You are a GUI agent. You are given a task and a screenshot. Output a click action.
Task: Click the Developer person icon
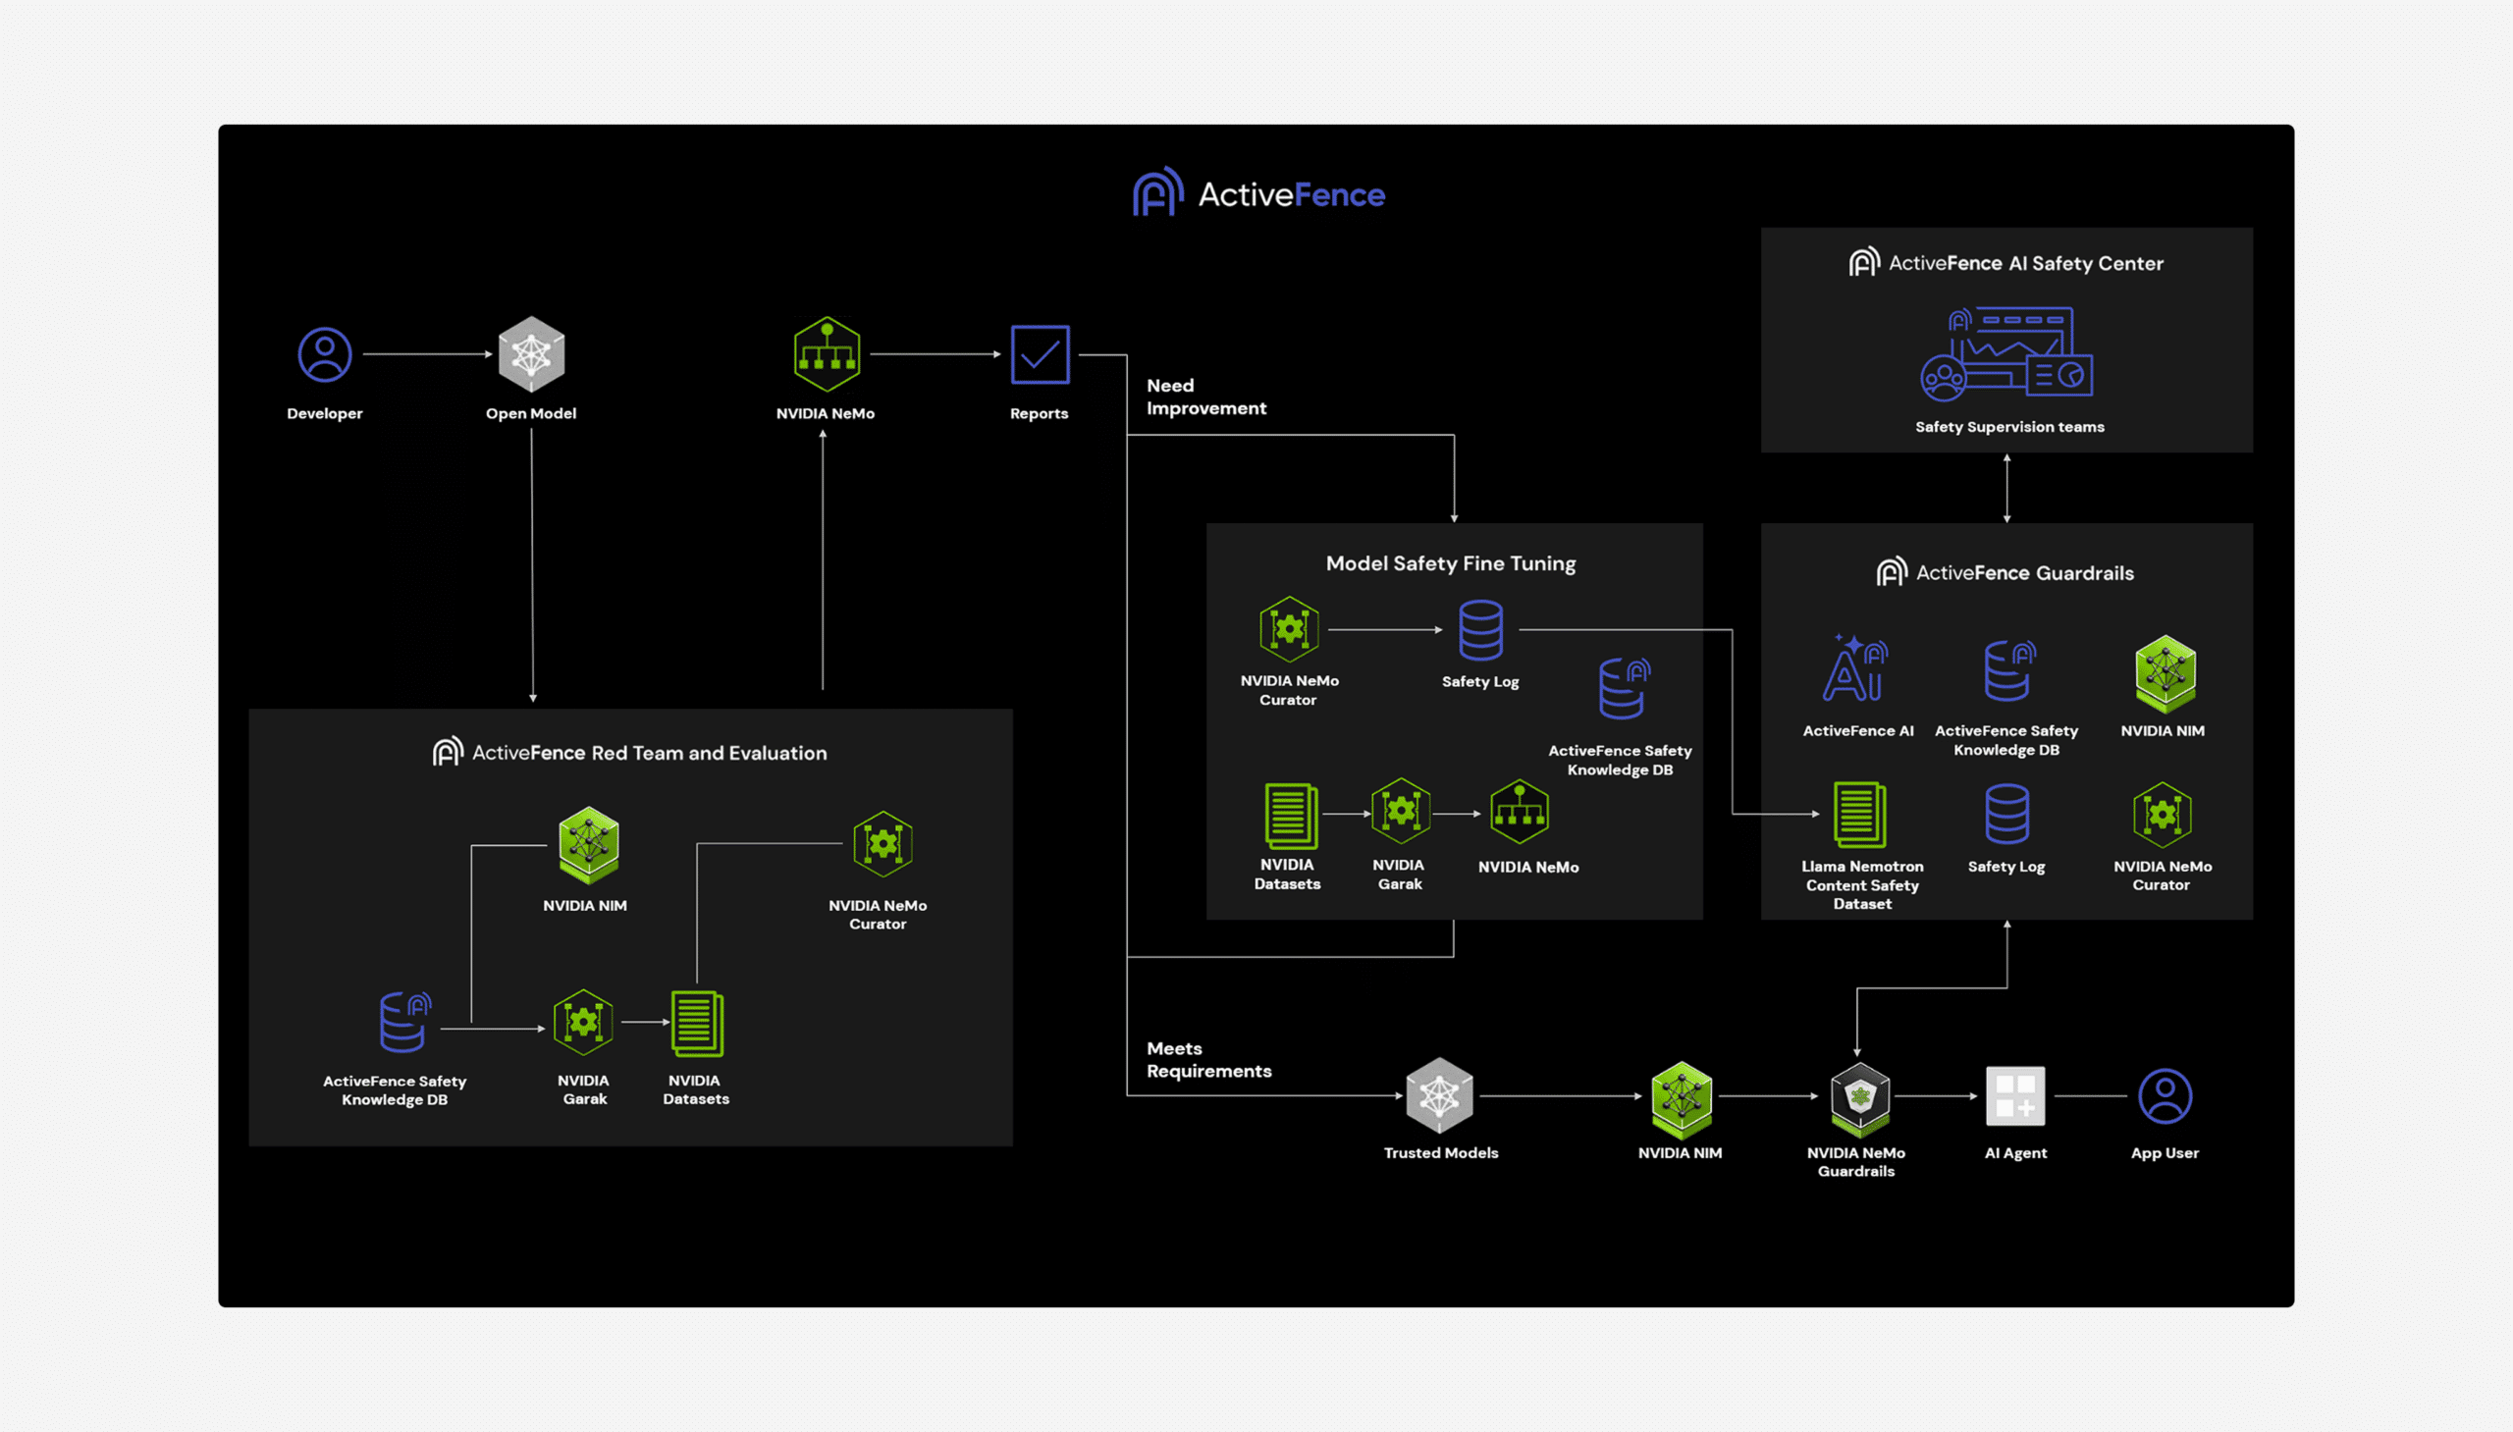325,354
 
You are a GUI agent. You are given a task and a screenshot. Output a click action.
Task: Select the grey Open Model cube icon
531,354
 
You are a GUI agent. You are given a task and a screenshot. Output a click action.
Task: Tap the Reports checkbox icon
1040,354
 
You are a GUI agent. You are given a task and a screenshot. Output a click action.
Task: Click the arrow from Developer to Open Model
428,354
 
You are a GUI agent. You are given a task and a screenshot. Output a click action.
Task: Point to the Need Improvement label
1205,397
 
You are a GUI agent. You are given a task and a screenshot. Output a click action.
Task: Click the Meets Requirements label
1207,1059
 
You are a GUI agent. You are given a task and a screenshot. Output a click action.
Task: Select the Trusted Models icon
1440,1095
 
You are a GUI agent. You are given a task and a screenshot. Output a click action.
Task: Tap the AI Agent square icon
2015,1095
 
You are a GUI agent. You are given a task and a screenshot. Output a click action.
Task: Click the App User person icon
2165,1095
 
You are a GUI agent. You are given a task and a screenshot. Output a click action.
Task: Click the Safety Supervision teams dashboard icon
2006,354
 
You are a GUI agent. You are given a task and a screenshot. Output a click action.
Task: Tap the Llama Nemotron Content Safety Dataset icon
1859,815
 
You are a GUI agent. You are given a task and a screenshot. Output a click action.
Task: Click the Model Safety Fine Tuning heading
1451,563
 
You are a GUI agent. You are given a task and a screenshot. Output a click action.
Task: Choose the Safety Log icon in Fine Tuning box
1480,629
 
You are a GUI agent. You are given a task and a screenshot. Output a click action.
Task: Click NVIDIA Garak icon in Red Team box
583,1023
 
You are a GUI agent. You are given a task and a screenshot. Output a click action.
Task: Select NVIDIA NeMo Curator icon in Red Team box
882,844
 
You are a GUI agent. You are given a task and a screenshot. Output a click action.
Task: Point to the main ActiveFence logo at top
1259,192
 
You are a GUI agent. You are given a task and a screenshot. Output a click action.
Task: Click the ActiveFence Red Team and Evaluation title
629,753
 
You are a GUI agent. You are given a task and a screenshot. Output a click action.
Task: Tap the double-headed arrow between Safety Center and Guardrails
2006,488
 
